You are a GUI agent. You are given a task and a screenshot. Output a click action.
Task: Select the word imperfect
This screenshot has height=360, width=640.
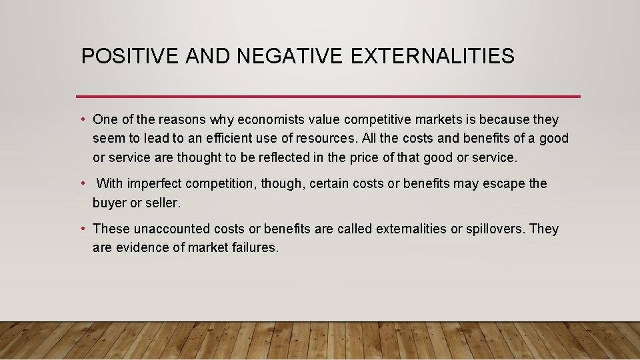pos(155,183)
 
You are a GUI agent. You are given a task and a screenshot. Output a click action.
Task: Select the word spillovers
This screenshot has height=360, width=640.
pos(495,229)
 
